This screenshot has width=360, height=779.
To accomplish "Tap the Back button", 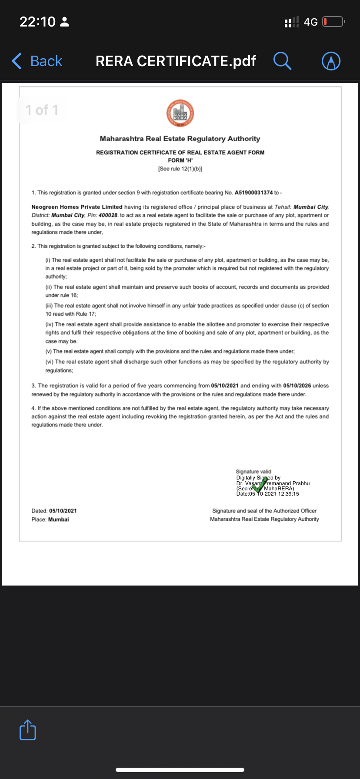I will tap(37, 61).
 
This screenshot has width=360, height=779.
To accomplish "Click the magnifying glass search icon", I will tap(282, 61).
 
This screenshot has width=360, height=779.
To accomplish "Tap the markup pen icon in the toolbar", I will tap(331, 61).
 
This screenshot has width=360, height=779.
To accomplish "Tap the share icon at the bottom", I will tap(28, 730).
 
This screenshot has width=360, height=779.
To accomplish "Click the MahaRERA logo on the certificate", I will tap(180, 113).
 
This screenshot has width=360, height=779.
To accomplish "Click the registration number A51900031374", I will tap(253, 193).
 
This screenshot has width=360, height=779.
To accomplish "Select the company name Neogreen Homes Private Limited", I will tap(77, 207).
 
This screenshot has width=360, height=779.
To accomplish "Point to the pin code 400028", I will tap(108, 215).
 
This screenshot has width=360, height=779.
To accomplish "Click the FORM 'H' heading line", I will tap(180, 160).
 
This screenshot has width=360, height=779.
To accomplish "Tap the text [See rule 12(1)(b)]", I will tap(180, 169).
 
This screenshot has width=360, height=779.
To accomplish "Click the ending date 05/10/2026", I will tap(297, 386).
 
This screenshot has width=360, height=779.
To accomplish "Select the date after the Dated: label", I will tap(63, 511).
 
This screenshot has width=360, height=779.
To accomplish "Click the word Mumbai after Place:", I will tap(59, 519).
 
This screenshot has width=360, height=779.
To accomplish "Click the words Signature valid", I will tap(253, 472).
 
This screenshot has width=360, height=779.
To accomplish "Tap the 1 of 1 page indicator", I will tap(42, 110).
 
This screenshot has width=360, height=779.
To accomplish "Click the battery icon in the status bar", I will tap(333, 22).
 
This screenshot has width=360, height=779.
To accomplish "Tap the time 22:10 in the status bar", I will tap(37, 22).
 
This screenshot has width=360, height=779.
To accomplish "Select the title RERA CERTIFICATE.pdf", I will tap(176, 61).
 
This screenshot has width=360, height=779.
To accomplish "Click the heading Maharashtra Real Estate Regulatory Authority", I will tap(180, 139).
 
